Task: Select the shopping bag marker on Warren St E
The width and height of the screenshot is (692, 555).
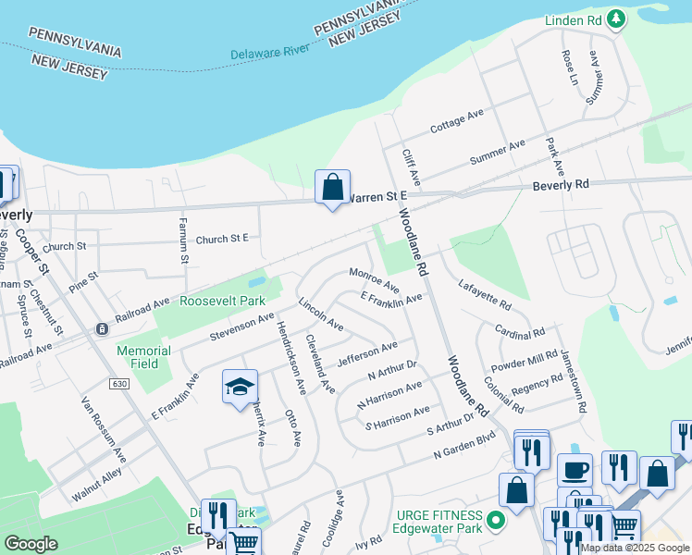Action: [332, 187]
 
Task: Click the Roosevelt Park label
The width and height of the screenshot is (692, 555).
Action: [222, 301]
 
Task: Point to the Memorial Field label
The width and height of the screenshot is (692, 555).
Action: [143, 357]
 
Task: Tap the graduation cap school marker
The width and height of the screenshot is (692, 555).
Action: [240, 387]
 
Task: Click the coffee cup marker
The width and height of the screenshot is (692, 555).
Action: [575, 470]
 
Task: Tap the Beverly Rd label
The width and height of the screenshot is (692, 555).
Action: [561, 185]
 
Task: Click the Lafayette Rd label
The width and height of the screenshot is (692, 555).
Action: [485, 295]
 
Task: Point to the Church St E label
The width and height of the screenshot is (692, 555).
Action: [222, 239]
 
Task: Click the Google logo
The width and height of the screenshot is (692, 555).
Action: [31, 544]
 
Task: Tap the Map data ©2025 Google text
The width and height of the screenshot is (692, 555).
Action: [635, 548]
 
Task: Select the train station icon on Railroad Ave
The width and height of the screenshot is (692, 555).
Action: [102, 329]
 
